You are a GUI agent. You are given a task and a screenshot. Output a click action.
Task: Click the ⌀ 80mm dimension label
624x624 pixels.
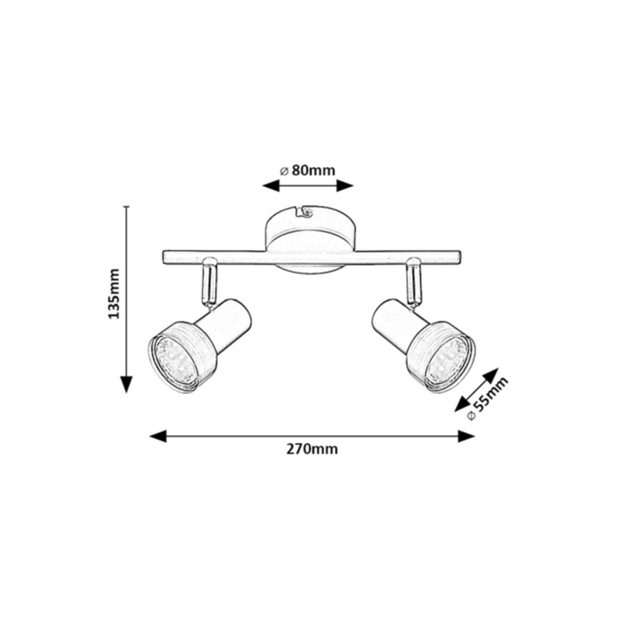[x=307, y=170]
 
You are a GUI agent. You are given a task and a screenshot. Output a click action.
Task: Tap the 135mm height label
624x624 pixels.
[x=114, y=293]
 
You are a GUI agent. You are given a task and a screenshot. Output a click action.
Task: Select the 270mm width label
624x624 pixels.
[x=312, y=449]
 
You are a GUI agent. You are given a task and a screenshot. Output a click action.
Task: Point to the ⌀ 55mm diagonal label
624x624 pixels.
[x=488, y=398]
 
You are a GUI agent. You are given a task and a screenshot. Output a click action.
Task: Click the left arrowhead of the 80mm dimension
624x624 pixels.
[x=270, y=185]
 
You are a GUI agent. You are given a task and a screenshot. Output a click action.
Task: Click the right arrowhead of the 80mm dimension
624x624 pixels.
[x=345, y=185]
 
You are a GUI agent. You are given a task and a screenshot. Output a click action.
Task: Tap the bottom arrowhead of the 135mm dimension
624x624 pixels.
[x=127, y=384]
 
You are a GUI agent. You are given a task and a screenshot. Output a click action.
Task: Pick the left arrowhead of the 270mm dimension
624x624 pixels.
[x=157, y=436]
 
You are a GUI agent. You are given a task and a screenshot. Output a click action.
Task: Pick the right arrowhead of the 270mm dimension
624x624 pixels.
[x=467, y=436]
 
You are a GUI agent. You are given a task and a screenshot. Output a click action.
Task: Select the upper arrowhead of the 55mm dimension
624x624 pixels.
[x=491, y=375]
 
